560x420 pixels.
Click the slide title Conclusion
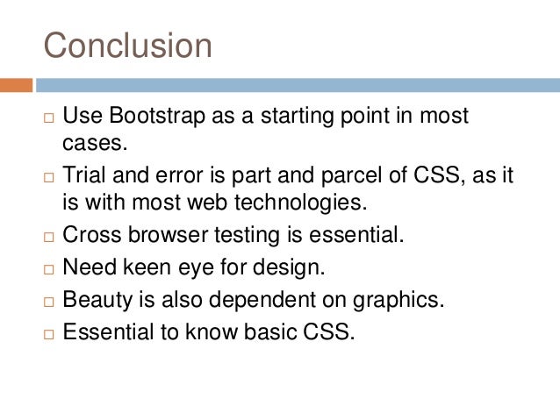128,46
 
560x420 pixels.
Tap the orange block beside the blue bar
16,85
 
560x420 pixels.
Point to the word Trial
84,176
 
